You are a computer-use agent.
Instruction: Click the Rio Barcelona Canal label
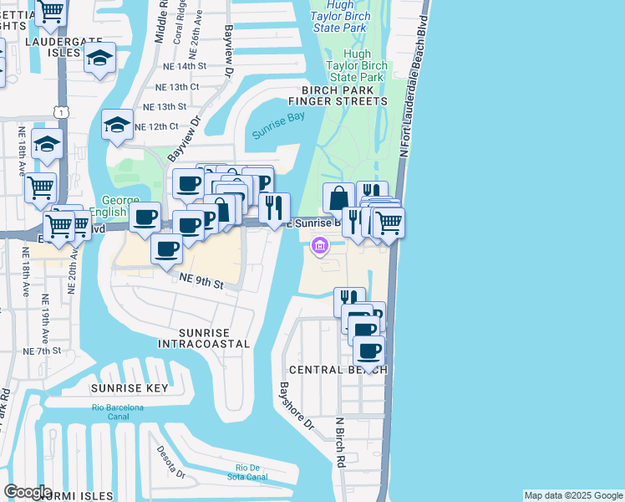(118, 412)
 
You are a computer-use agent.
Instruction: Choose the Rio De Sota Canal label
(251, 472)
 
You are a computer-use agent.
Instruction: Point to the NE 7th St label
(43, 351)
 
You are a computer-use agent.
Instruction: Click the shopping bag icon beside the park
(338, 199)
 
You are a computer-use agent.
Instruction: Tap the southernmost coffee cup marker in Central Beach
(368, 351)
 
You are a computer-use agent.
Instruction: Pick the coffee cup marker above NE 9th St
(167, 248)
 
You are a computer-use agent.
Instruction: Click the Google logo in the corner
(28, 492)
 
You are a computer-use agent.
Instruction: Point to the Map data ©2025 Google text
(572, 495)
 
